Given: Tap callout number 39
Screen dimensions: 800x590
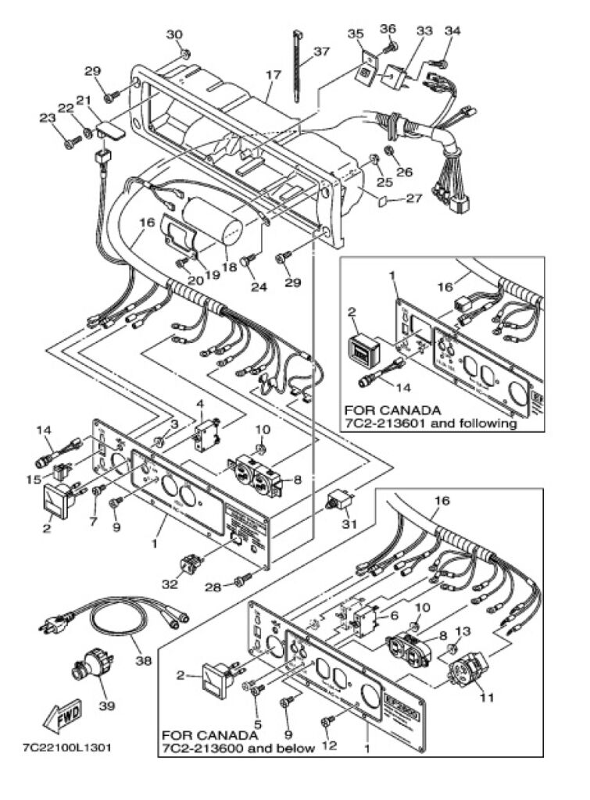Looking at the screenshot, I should tap(107, 705).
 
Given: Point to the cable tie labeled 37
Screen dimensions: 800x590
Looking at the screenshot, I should tap(298, 66).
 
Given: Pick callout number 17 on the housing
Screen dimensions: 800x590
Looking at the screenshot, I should tap(273, 76).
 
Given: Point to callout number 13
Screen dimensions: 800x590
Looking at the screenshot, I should tap(462, 630).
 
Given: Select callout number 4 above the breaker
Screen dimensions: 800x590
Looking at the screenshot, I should tap(199, 403).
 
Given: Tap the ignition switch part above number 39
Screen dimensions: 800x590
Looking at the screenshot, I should tap(84, 669).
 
